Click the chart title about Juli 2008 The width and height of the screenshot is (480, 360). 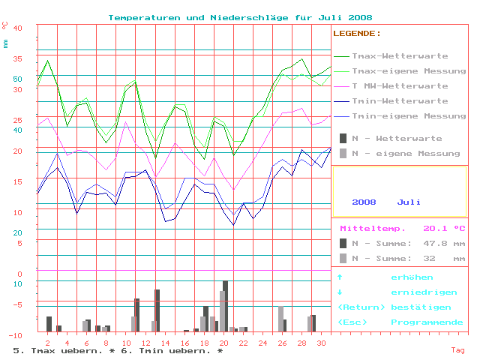click(240, 17)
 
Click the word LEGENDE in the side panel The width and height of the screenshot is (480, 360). click(356, 34)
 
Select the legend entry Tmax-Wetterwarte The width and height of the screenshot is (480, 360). click(400, 56)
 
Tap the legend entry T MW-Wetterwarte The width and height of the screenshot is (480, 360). click(400, 86)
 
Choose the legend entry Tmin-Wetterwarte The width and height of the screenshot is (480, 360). click(400, 101)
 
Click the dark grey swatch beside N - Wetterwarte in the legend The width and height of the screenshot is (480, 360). click(343, 138)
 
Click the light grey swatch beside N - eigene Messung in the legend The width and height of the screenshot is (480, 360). click(343, 153)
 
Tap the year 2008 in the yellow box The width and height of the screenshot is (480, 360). click(364, 202)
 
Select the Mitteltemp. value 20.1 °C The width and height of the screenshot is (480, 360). click(444, 229)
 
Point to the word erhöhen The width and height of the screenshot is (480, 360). click(412, 277)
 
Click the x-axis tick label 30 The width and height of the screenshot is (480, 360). click(322, 343)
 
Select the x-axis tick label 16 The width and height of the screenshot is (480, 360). click(185, 343)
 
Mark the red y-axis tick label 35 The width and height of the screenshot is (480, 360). click(18, 58)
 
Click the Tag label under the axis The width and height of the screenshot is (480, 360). click(457, 350)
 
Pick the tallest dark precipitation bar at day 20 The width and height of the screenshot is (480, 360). click(225, 306)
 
